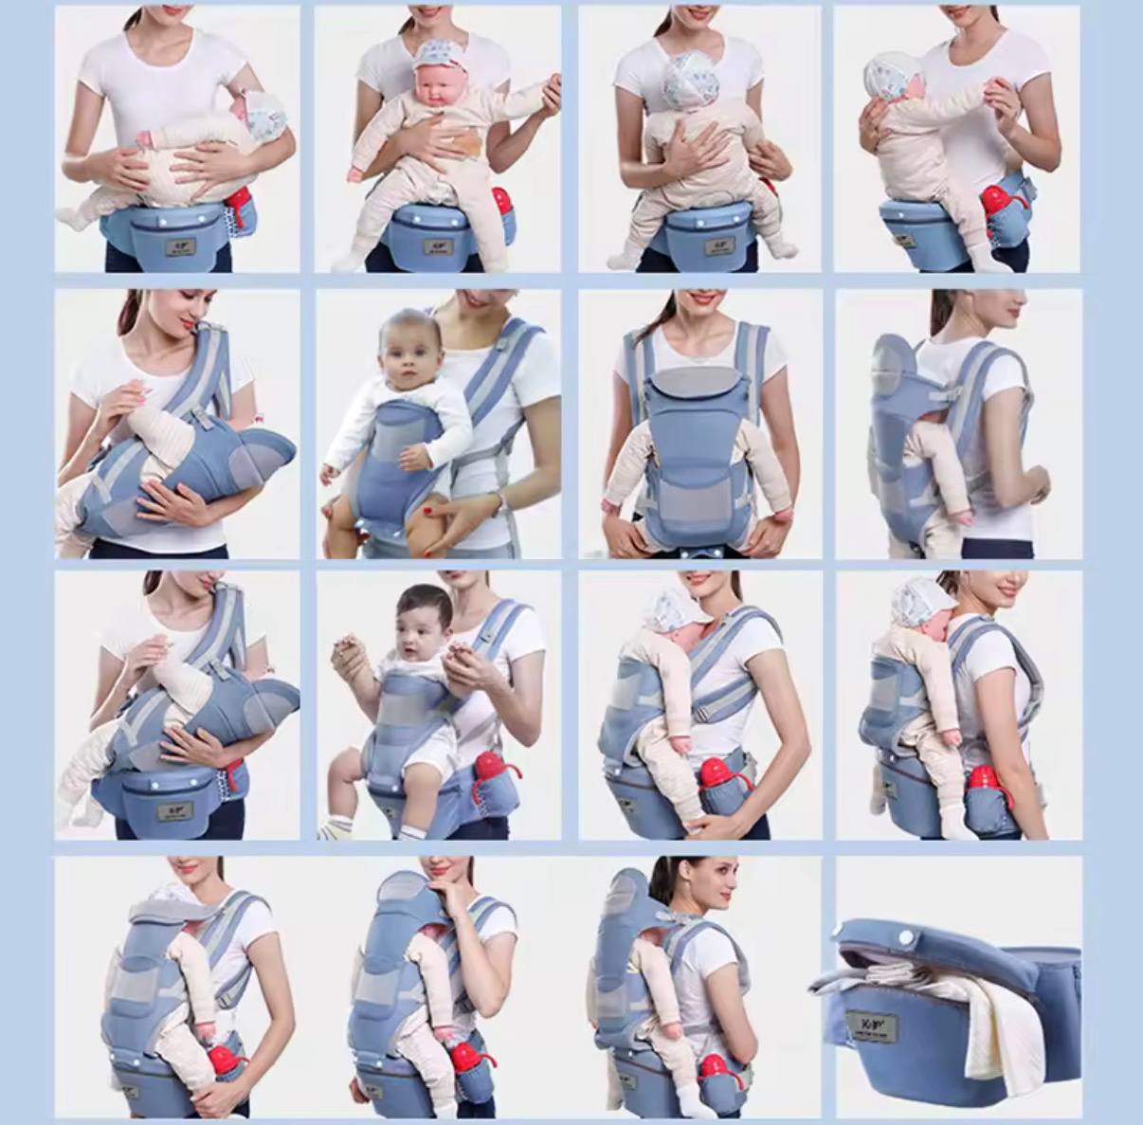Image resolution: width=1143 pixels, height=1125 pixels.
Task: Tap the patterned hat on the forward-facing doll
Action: pyautogui.click(x=438, y=52)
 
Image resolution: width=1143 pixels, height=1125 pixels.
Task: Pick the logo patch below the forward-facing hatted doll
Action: pyautogui.click(x=439, y=245)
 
